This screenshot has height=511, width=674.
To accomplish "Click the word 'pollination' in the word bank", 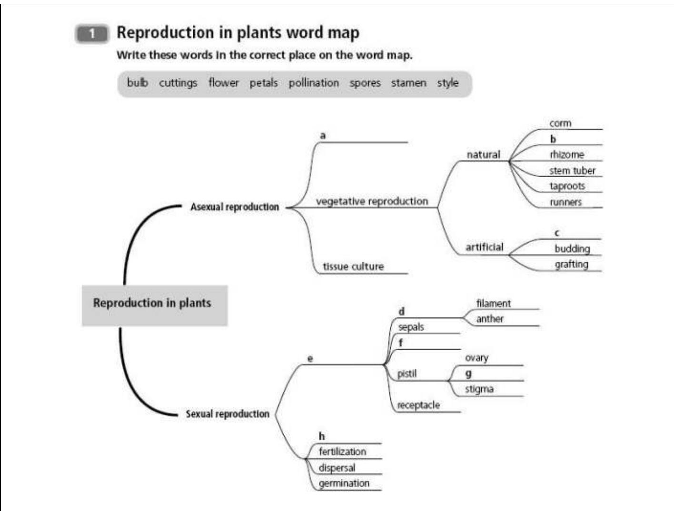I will [314, 83].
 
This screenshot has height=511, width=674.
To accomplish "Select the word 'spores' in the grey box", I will [365, 83].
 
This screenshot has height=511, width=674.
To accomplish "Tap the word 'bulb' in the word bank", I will [137, 83].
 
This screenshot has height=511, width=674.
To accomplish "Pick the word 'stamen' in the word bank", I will [408, 83].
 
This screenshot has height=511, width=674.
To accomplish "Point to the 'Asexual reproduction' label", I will [235, 207].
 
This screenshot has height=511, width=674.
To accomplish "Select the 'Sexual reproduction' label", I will [228, 414].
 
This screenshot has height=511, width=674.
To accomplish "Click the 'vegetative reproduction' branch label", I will [372, 201].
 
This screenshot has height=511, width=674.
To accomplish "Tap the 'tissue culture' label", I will [353, 266].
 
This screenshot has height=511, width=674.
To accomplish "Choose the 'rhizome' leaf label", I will [566, 155].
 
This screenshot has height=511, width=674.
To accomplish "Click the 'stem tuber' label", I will [572, 170].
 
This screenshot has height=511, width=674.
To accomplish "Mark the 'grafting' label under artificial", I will [571, 264].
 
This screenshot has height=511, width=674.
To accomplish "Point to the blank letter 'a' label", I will [323, 136].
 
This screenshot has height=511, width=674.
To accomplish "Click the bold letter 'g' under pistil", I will [468, 373].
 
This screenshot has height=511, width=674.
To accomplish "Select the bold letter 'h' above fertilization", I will [322, 436].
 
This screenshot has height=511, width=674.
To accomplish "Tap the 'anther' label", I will [489, 319].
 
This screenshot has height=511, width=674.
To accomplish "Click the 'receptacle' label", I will [418, 405].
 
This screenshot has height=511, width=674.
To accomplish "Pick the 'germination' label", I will [344, 483].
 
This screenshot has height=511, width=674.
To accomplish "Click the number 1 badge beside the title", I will [92, 34].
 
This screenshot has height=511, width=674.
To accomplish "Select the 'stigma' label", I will [479, 389].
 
